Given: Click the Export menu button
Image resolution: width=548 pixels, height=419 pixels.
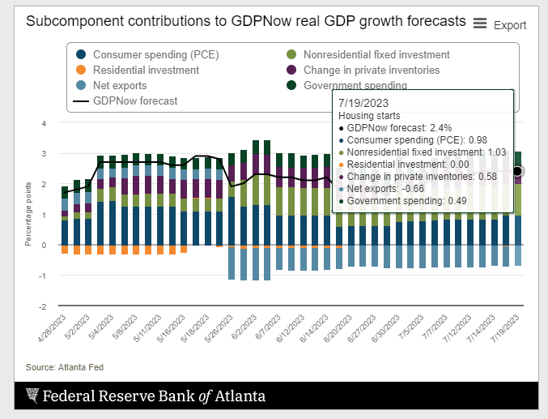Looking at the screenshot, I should point(499,25).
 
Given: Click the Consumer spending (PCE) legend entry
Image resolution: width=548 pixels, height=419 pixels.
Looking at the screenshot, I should point(142,55).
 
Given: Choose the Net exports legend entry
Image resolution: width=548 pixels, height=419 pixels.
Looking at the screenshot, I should point(120,85).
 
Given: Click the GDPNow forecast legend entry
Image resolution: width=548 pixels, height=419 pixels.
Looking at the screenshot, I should point(135,100).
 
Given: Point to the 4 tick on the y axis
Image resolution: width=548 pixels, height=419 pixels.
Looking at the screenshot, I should point(45,123).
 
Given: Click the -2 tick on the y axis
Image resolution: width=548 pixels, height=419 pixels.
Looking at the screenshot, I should point(43,307).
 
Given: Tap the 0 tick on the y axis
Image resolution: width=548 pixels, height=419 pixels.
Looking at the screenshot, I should point(45,246).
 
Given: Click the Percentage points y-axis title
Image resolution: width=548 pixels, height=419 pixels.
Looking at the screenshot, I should point(29,216).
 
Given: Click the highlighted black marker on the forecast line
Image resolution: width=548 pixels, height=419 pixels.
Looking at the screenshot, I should point(518,171).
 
